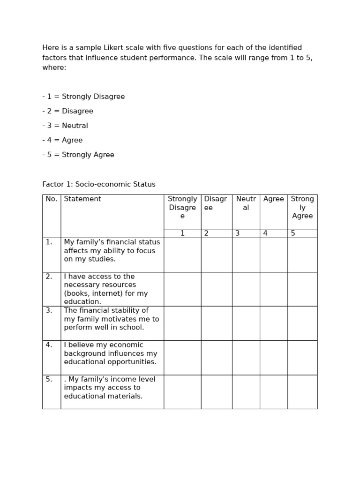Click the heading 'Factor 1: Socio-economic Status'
99,184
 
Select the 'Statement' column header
82,199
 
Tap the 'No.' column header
52,199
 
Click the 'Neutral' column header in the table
246,203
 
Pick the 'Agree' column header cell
274,199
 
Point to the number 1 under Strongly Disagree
182,233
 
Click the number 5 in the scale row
293,233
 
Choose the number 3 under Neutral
238,233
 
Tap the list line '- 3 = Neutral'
65,126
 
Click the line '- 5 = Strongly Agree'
78,155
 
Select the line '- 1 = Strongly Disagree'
83,97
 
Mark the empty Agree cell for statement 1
274,255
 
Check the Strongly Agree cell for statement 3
302,323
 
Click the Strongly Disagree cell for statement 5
182,392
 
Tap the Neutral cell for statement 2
246,289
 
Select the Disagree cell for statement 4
217,358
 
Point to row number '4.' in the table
49,345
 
